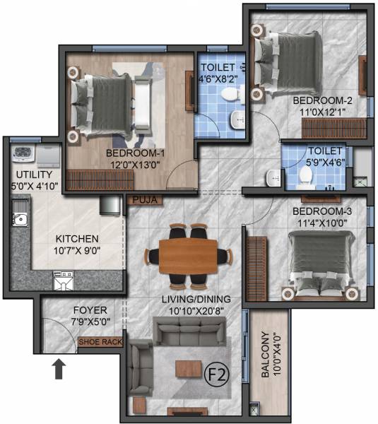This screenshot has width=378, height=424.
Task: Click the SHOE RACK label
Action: click(101, 342)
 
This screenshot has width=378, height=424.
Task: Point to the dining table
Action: click(189, 254)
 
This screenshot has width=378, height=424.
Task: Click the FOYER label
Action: click(90, 310)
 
